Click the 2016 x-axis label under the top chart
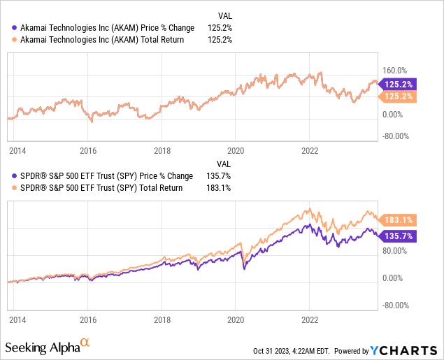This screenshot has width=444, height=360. coord(87,150)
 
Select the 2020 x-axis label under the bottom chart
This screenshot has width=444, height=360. coord(236,319)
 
